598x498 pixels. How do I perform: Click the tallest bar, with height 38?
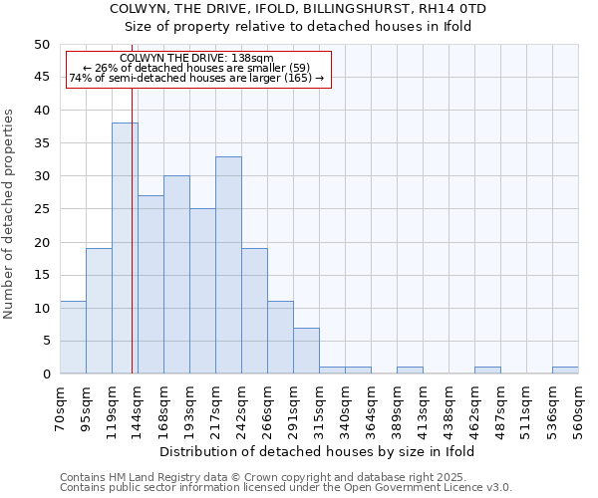click(125, 248)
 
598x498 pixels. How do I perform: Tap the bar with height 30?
click(176, 275)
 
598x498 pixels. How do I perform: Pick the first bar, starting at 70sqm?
click(73, 338)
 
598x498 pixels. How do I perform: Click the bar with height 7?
click(306, 351)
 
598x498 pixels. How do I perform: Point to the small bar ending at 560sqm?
click(565, 371)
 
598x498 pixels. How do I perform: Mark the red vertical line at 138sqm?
click(132, 249)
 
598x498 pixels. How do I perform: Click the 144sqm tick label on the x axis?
click(138, 409)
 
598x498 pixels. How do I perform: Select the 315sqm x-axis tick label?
click(319, 409)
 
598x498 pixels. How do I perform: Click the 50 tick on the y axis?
click(42, 45)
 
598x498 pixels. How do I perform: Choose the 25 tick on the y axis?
click(42, 209)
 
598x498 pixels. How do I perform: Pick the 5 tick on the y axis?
click(46, 341)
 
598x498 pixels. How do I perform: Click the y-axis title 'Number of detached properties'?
click(10, 214)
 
